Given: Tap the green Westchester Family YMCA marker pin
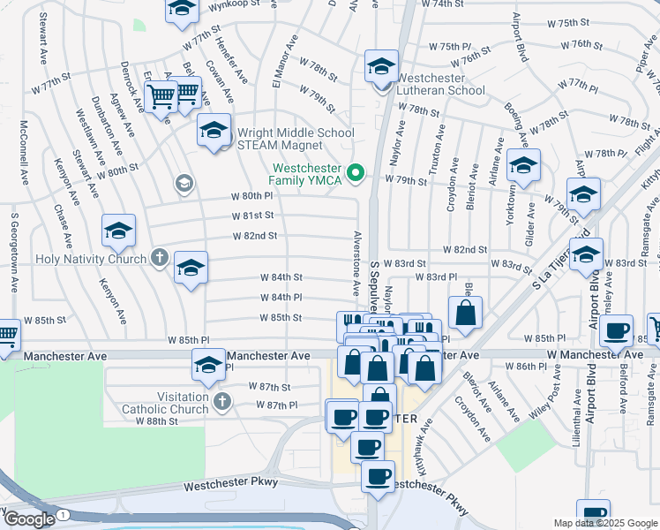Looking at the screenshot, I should coord(356,172).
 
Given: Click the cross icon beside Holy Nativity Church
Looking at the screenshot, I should coord(159,260).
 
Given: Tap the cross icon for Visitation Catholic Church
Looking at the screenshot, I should coord(221,403).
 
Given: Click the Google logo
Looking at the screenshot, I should coord(28,519).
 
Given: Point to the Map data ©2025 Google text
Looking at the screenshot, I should coord(604,523).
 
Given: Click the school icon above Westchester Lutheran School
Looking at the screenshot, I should coord(381,66).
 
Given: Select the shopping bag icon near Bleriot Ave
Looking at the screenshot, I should coord(465,312).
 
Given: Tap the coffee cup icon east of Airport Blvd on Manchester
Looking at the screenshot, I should coord(617,331).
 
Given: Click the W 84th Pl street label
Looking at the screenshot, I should coord(281,298).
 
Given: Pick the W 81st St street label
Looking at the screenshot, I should coord(253,216).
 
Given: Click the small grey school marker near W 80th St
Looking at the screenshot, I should coord(184,183).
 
